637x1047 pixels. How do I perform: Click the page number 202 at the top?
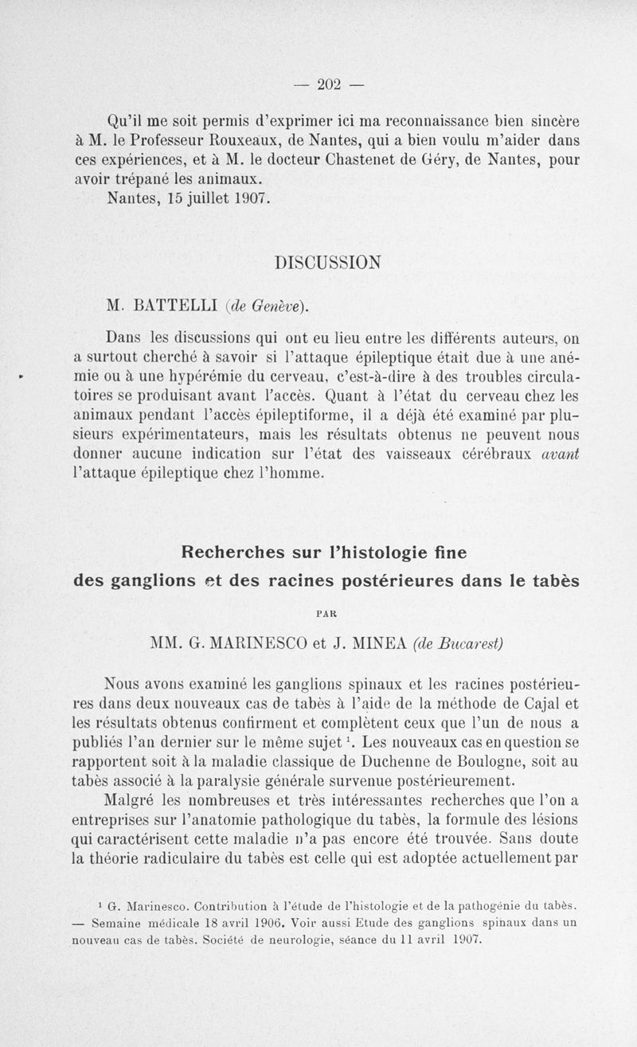click(x=330, y=84)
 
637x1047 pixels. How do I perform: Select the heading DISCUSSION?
click(x=327, y=262)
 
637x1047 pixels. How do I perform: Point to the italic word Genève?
click(x=276, y=305)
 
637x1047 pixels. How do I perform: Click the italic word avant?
click(x=560, y=454)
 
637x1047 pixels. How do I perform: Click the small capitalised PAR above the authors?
click(x=327, y=614)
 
